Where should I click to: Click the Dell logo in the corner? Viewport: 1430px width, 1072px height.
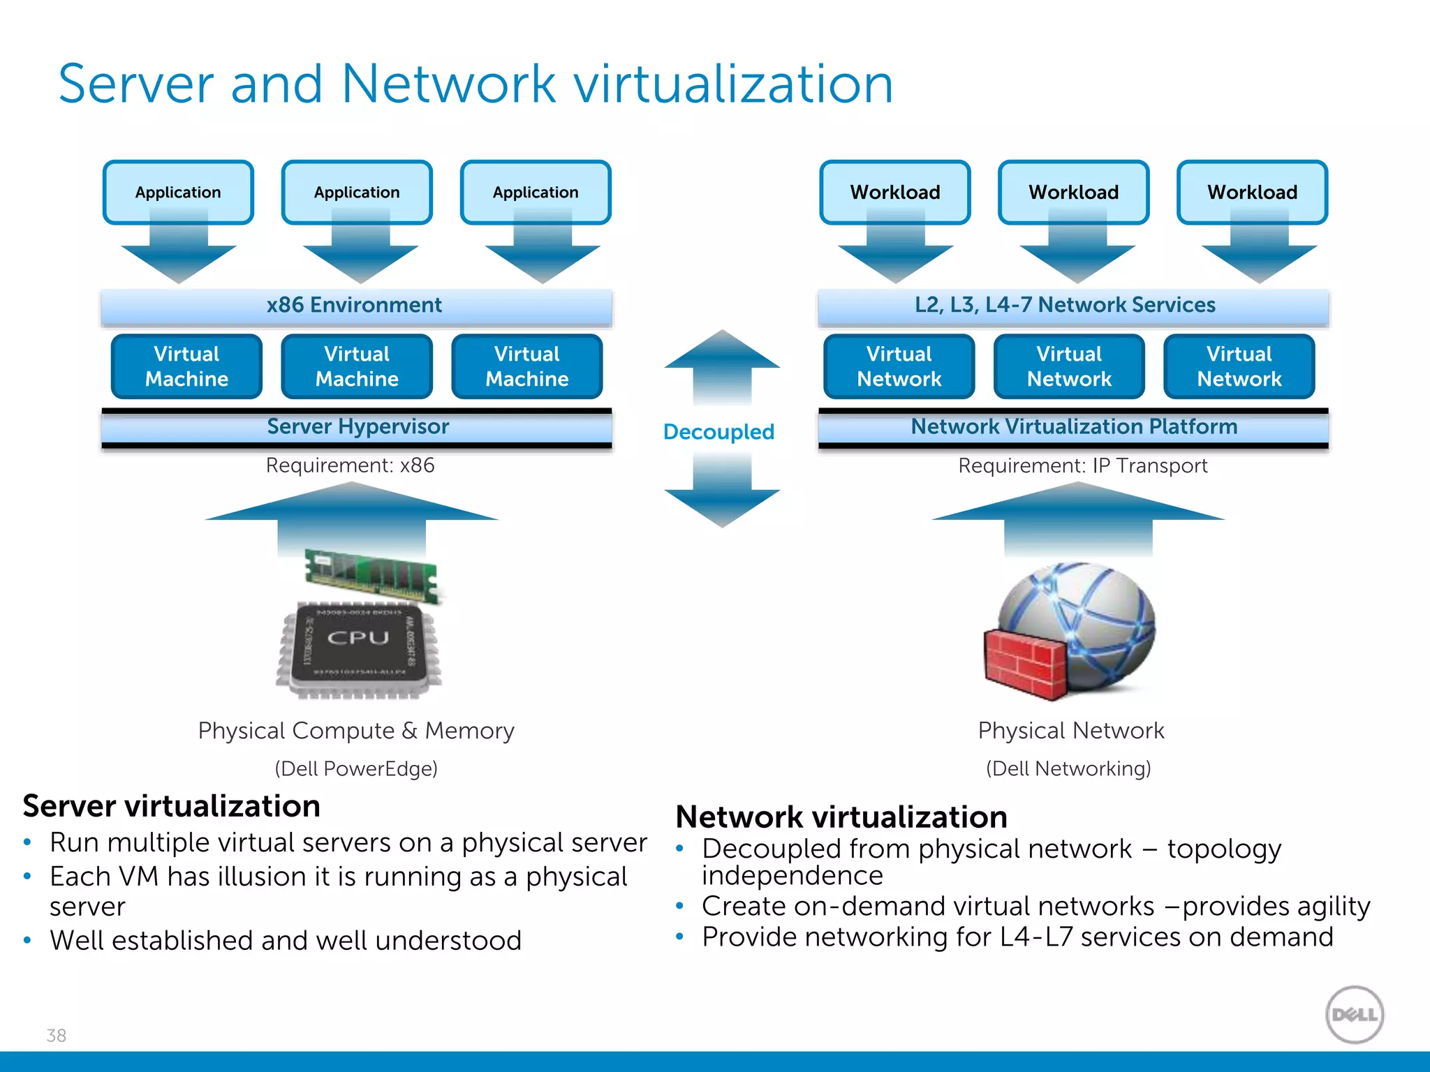coord(1354,1014)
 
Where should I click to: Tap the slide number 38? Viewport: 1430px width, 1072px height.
coord(57,1035)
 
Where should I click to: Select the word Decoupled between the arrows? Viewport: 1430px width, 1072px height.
coord(718,431)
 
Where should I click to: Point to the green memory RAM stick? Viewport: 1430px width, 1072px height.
coord(371,574)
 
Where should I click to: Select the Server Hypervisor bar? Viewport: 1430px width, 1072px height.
coord(357,426)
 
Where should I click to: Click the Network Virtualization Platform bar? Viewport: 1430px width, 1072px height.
coord(1073,426)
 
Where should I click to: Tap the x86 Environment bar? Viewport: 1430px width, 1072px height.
coord(355,305)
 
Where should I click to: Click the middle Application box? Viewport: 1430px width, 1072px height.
coord(357,192)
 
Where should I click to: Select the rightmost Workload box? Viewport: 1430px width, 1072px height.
coord(1252,192)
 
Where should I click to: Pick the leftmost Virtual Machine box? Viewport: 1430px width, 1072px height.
coord(186,366)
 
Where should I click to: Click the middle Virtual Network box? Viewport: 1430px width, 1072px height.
coord(1069,366)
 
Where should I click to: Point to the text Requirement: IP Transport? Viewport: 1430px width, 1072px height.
coord(1082,466)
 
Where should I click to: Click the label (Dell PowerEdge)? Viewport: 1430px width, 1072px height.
coord(356,768)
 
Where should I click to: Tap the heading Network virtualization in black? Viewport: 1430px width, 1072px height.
coord(841,817)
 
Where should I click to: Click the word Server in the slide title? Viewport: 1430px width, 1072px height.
coord(135,84)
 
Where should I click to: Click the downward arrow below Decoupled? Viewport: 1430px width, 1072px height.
coord(722,492)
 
